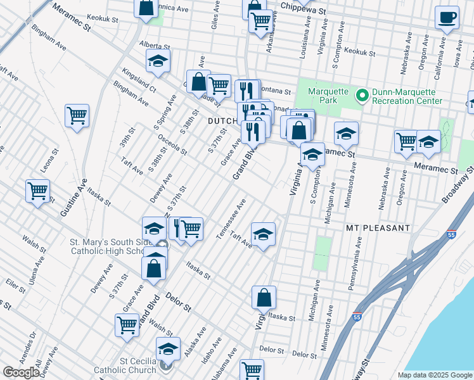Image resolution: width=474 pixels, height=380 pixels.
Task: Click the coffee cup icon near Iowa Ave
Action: pyautogui.click(x=447, y=17)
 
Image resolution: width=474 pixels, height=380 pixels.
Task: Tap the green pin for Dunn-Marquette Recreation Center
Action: pyautogui.click(x=362, y=96)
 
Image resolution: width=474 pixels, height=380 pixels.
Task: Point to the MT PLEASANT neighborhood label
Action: pyautogui.click(x=378, y=227)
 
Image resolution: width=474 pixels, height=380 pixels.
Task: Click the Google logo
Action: pyautogui.click(x=21, y=372)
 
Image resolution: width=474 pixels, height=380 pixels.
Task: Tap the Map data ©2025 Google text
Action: pyautogui.click(x=434, y=375)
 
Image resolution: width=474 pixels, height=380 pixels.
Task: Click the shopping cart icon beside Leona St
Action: pyautogui.click(x=38, y=190)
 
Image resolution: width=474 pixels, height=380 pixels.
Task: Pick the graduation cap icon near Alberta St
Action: pyautogui.click(x=158, y=61)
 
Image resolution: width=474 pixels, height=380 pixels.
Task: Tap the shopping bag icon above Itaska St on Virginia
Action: pyautogui.click(x=264, y=297)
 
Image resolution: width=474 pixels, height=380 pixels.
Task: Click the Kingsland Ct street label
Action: pyautogui.click(x=139, y=79)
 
